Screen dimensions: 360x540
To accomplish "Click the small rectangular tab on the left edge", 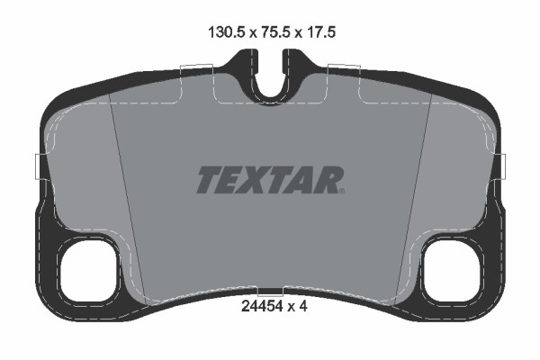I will tap(37, 166).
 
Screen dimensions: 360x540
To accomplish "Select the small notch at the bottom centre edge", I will tap(270, 292).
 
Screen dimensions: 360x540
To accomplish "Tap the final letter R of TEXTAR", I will tap(329, 180).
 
